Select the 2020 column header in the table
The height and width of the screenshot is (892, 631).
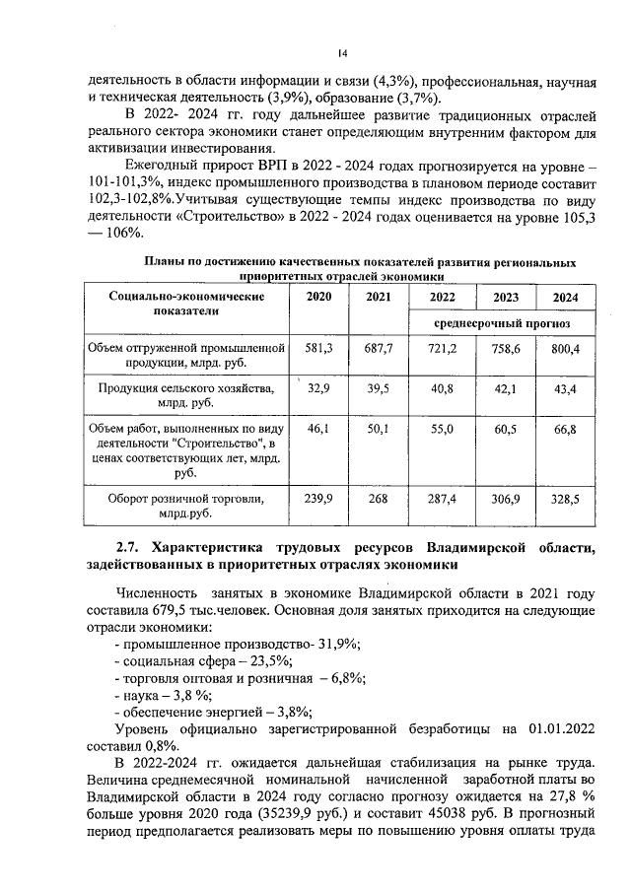pos(318,297)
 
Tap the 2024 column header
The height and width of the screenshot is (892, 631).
pos(565,298)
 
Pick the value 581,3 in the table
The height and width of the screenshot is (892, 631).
pos(318,349)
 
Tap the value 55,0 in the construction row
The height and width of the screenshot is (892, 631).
pos(442,431)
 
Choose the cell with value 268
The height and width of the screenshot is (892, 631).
pos(379,500)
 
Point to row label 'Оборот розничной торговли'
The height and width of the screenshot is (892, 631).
pos(185,500)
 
